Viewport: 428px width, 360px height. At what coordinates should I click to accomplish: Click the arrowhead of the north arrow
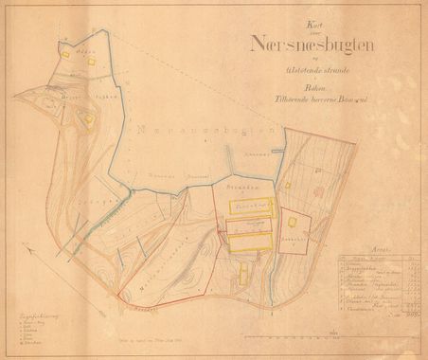[26, 248]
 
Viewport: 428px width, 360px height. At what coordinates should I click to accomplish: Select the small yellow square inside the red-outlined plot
[293, 222]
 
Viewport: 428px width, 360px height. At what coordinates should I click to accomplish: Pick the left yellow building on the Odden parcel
[66, 54]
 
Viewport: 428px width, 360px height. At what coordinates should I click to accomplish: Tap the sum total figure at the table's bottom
[409, 314]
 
